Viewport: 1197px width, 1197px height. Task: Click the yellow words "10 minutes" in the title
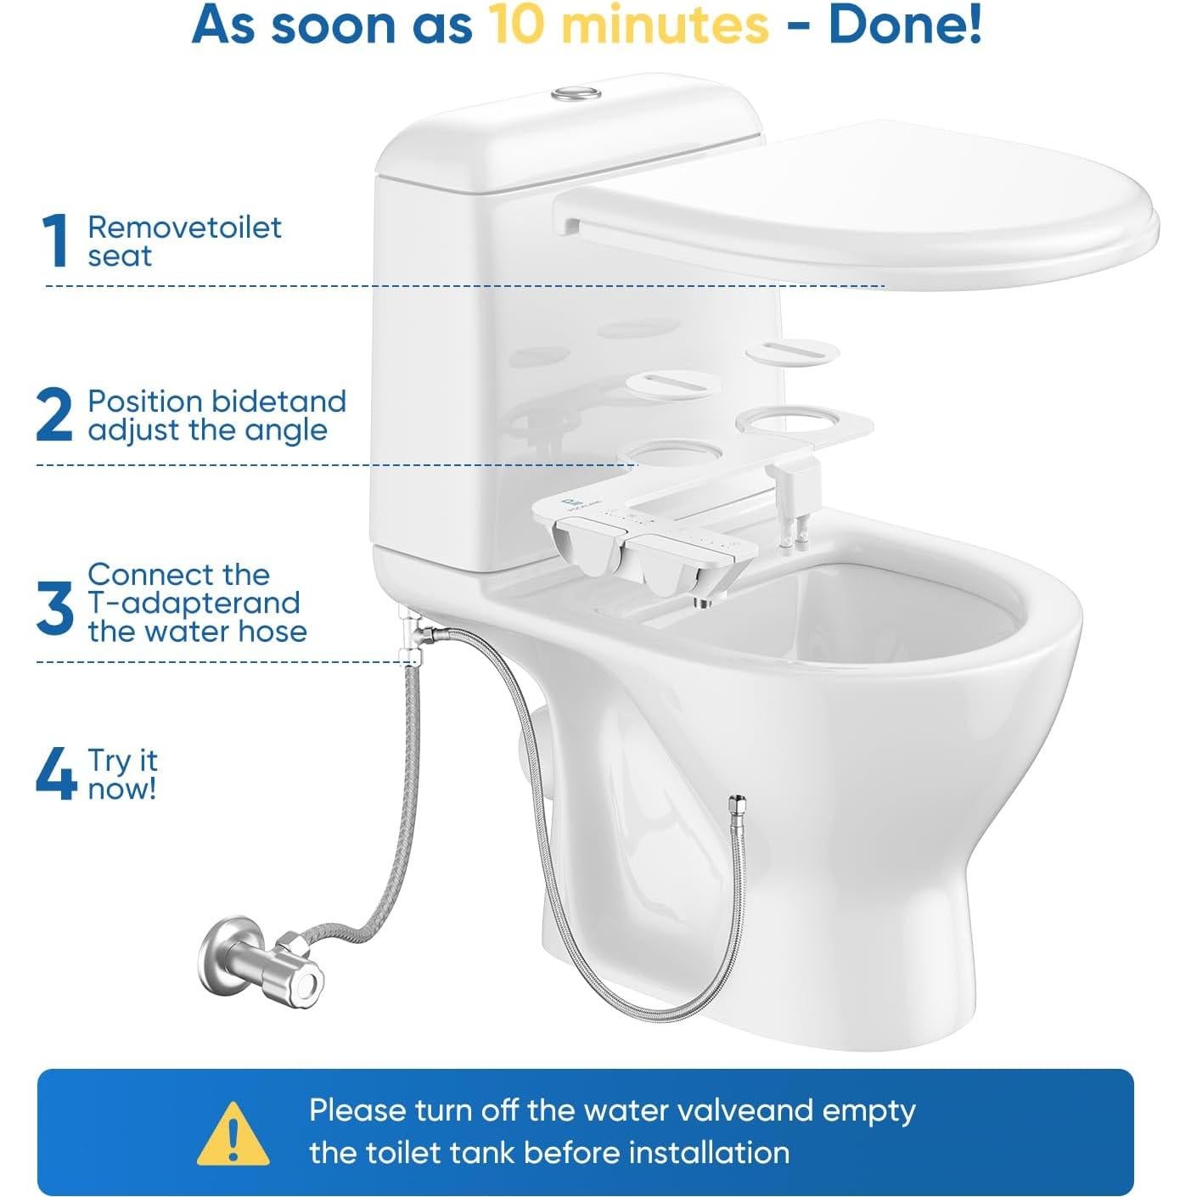(x=628, y=25)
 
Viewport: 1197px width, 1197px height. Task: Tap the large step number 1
(x=56, y=242)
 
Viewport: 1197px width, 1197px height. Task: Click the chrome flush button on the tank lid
(x=577, y=93)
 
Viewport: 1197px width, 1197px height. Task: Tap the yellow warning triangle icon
(x=233, y=1133)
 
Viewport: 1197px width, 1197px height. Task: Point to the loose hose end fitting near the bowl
(x=738, y=804)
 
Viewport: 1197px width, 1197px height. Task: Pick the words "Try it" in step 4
(x=123, y=761)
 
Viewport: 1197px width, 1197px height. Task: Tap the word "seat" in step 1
(x=120, y=256)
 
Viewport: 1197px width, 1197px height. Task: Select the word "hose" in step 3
(x=273, y=632)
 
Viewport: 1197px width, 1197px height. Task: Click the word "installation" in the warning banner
(x=709, y=1153)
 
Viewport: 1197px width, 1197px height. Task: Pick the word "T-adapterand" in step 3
(x=194, y=604)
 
